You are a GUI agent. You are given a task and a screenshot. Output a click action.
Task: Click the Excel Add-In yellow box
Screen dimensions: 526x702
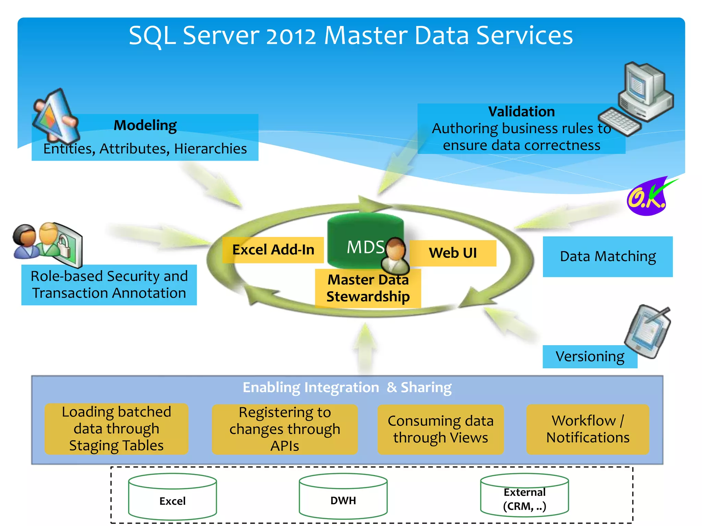pos(273,250)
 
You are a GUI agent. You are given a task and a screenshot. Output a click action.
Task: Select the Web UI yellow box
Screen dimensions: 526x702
pos(453,253)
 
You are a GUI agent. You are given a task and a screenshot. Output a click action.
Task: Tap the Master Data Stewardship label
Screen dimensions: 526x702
pos(368,288)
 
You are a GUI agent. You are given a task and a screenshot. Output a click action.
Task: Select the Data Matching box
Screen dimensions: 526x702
pos(607,256)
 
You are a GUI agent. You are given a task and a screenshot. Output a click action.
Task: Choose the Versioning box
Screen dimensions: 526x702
pos(590,356)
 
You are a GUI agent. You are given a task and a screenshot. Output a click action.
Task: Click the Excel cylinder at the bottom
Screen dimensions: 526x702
pos(172,497)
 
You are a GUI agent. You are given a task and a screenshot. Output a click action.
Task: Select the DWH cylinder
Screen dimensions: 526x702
pos(343,497)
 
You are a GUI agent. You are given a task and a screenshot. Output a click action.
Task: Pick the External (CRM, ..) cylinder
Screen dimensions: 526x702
pos(524,496)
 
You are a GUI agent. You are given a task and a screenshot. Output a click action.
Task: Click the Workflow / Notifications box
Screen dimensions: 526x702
pos(588,429)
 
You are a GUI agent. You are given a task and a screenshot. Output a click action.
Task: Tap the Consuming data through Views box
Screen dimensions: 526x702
pos(440,429)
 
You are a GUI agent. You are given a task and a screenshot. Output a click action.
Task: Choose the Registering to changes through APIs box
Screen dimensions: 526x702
pos(285,429)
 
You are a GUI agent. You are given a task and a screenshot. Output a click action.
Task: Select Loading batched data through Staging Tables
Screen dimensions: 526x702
pos(116,429)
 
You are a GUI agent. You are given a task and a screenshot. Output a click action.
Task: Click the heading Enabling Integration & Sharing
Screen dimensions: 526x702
pos(347,387)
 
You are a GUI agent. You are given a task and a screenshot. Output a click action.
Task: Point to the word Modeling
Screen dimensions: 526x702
pos(145,125)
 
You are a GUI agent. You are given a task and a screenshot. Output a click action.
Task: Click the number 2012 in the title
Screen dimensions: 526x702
pos(291,36)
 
